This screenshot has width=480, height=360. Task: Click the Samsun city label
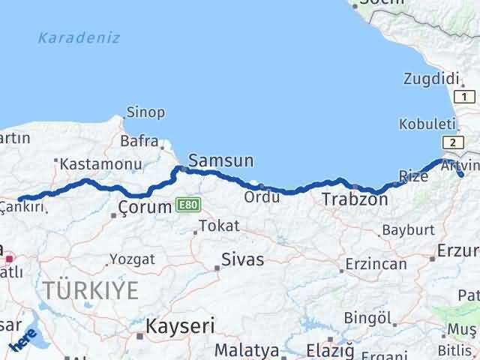click(220, 160)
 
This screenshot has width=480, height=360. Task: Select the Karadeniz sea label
click(79, 37)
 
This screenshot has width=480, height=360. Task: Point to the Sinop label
click(145, 112)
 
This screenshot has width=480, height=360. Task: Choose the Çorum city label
click(145, 207)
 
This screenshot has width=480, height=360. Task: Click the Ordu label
click(262, 197)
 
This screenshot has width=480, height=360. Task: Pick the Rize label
click(413, 176)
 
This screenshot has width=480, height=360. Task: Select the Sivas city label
click(242, 260)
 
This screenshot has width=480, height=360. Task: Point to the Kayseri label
click(180, 327)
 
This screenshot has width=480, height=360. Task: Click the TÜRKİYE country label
click(91, 289)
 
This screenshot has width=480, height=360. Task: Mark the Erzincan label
click(376, 264)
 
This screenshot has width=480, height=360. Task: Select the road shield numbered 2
click(452, 142)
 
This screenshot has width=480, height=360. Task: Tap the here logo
click(23, 341)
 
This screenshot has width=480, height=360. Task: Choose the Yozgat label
click(133, 259)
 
